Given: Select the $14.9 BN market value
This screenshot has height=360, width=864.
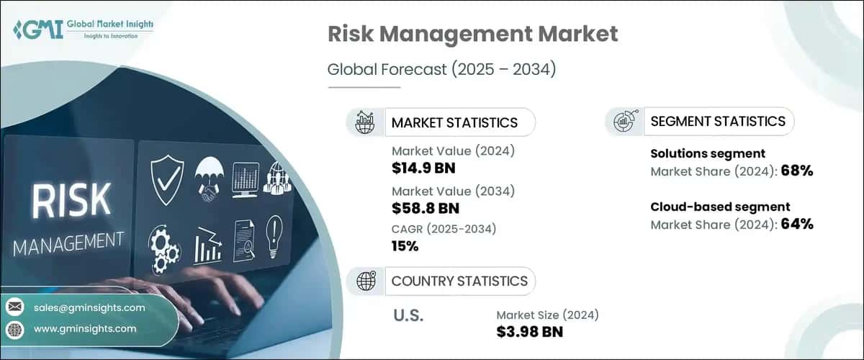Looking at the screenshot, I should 423,168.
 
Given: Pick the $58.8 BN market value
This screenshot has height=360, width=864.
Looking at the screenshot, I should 425,209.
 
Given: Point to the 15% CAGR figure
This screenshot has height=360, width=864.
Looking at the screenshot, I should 405,247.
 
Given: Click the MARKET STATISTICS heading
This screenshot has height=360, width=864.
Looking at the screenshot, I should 454,122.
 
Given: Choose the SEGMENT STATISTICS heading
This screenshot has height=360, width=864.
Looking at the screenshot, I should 717,121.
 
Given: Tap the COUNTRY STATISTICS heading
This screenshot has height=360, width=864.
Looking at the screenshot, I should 459,281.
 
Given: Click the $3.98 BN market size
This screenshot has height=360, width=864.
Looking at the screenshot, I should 530,331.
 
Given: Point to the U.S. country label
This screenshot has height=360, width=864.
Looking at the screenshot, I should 409,315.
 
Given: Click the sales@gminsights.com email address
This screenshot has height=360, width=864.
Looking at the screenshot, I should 89,307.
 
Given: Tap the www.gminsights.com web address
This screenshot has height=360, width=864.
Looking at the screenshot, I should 85,328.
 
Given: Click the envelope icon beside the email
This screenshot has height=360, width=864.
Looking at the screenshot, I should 15,308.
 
